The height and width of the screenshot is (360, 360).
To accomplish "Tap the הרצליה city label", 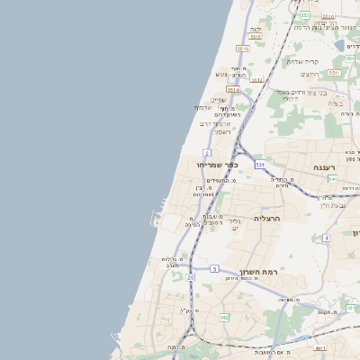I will (268, 219).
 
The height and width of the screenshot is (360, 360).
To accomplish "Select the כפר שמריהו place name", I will (219, 165).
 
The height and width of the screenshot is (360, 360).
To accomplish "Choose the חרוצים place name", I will (310, 75).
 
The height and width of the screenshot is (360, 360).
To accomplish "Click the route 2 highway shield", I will (207, 153).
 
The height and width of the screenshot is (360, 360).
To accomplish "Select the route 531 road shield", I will (259, 165).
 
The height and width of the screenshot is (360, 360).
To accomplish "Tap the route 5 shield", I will (214, 268).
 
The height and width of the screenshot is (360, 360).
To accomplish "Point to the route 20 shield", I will (190, 278).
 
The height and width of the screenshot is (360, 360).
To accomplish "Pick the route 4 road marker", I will (327, 237).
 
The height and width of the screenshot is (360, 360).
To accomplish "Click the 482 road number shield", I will (223, 317).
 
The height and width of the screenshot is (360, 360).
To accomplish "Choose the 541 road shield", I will (331, 178).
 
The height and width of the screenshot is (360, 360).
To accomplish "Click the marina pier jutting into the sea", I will (149, 219).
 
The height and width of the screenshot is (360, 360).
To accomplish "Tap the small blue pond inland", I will (339, 45).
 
